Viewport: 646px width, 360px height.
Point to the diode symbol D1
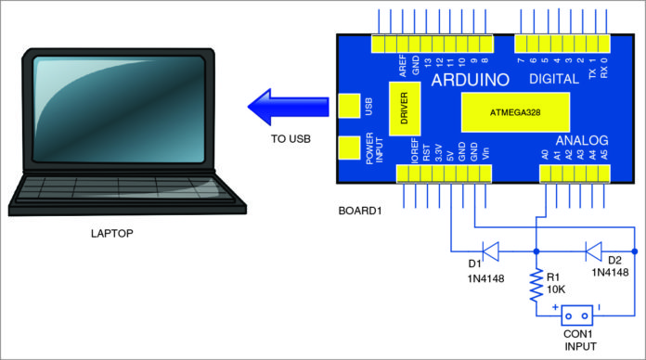490,251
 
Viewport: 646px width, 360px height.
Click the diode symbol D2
591,251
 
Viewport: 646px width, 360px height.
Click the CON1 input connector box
578,315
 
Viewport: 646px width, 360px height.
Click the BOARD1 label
360,210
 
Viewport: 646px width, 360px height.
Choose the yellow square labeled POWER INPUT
350,149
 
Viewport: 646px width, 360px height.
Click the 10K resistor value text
554,288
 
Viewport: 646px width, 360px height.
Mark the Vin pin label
486,151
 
